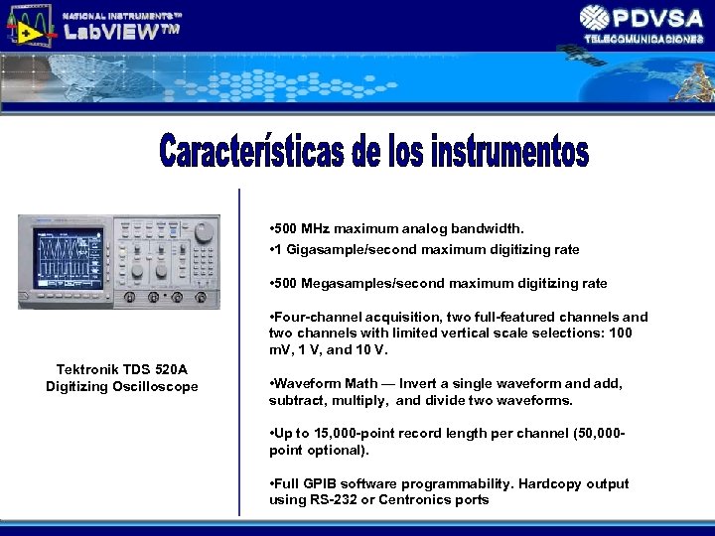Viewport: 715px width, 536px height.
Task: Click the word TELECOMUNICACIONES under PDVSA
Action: point(643,39)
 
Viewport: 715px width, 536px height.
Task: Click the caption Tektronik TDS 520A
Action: point(121,369)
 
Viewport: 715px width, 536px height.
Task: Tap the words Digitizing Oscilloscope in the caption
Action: point(121,386)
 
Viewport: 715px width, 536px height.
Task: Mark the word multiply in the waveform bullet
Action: point(361,400)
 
